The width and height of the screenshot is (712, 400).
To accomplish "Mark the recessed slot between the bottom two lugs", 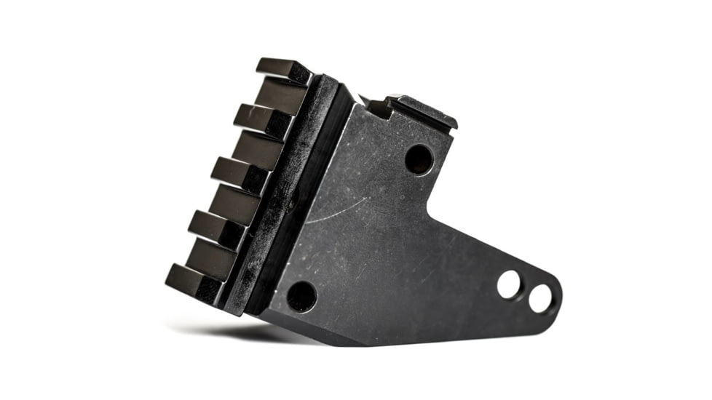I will click(x=211, y=257).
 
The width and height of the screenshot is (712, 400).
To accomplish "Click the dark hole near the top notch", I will click(x=419, y=159).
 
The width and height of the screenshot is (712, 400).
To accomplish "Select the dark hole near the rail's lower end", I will click(x=301, y=297).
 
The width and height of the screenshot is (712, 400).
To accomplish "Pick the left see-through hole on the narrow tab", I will click(x=509, y=284).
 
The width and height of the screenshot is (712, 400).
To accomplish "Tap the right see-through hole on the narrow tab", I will click(x=540, y=298).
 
